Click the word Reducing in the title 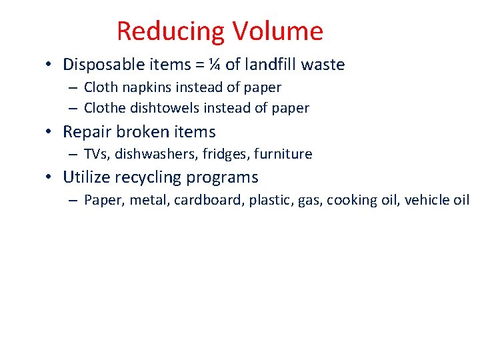click(171, 31)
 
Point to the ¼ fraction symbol click(214, 65)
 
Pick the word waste click(323, 65)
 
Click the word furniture click(285, 154)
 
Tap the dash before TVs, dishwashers click(71, 155)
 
